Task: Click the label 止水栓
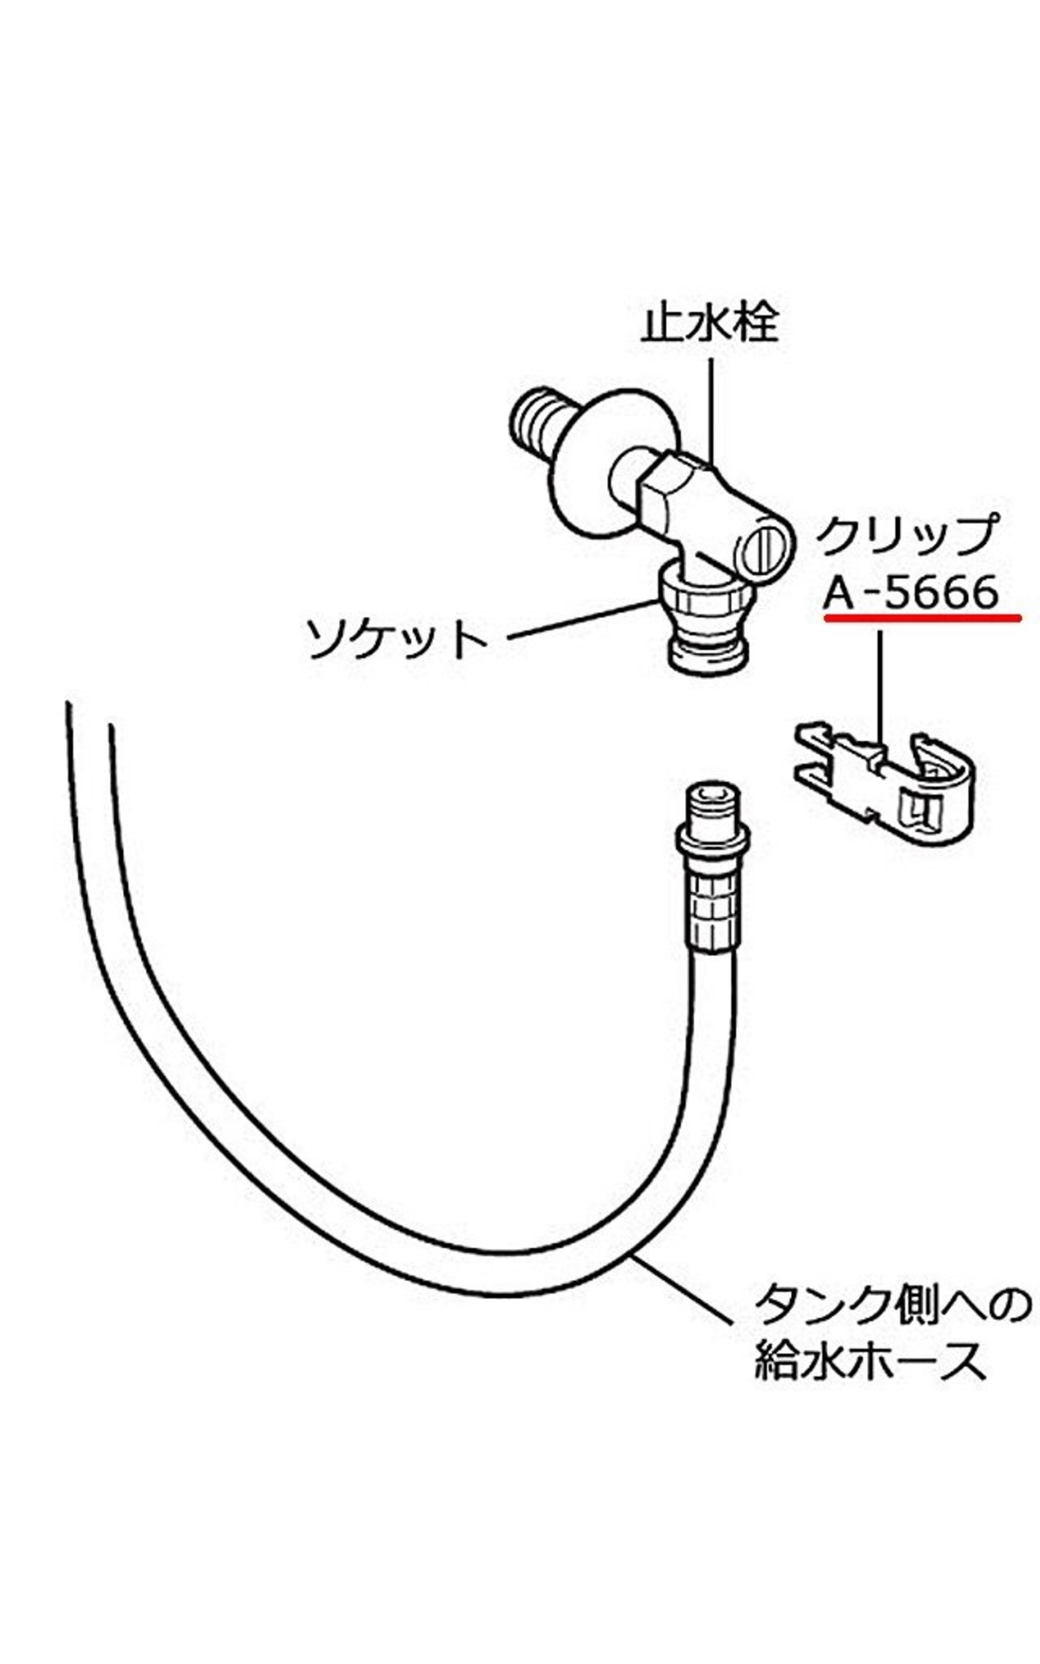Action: pos(709,323)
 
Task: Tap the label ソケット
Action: pos(397,639)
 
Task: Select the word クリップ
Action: pos(907,535)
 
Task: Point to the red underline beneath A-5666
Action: pos(921,618)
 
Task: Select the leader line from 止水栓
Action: pos(713,406)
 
